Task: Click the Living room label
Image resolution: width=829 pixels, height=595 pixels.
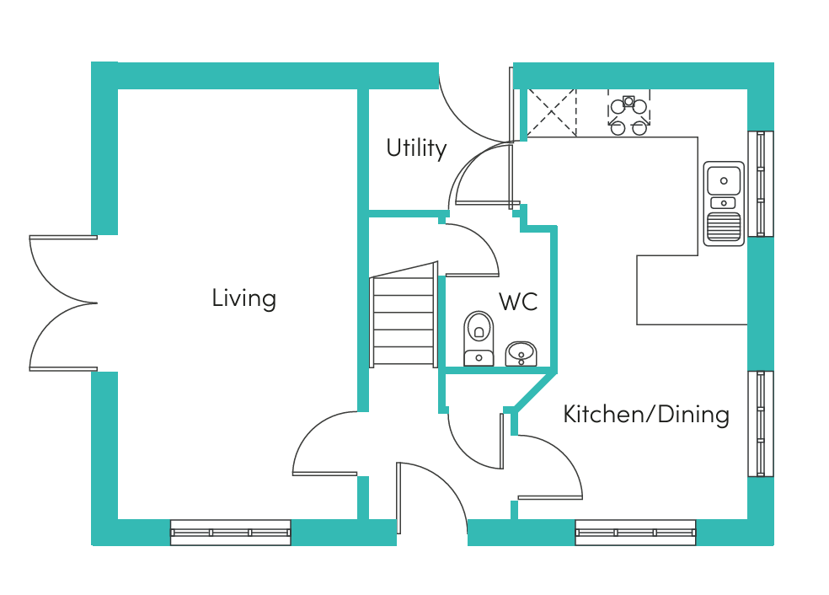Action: pos(243,298)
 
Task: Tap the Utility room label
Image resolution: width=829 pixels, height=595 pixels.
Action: pos(416,148)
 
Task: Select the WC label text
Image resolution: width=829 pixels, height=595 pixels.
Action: pos(517,302)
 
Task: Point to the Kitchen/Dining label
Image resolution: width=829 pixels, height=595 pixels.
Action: pos(645,414)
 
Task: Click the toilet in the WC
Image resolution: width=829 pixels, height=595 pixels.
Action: pos(479,338)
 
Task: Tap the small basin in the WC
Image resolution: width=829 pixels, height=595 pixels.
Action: pos(521,353)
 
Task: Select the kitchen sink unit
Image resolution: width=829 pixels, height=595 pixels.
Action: pos(724,203)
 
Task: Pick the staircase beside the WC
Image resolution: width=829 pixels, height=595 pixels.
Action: pos(403,314)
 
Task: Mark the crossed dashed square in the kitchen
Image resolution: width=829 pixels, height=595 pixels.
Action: pos(551,112)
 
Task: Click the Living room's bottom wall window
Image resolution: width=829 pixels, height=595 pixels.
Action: pos(230,532)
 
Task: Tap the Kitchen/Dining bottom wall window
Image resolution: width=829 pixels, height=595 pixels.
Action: pos(635,532)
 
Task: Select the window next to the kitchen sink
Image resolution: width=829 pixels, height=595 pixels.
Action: pos(761,183)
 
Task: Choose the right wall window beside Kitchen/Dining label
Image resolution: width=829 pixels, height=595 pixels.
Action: pos(761,423)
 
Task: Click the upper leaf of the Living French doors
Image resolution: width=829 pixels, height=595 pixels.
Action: pos(59,268)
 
